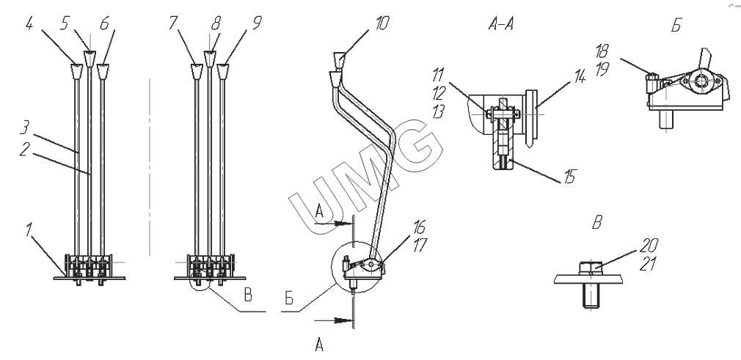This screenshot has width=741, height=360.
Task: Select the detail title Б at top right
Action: coord(675,26)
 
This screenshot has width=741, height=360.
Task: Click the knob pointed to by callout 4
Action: coord(76,70)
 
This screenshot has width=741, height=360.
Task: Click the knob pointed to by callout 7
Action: coord(197,70)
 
